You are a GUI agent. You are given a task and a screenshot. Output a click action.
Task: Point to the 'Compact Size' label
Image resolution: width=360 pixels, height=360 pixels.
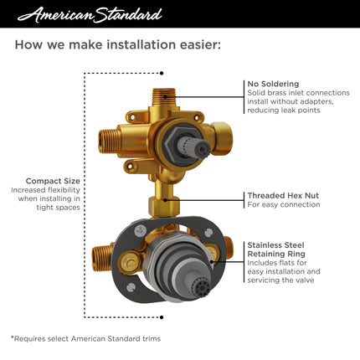pyautogui.click(x=53, y=180)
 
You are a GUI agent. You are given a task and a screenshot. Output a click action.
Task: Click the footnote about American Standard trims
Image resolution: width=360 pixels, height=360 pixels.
pyautogui.click(x=85, y=337)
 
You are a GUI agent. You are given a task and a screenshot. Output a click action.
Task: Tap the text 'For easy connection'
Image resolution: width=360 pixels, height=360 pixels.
pyautogui.click(x=283, y=204)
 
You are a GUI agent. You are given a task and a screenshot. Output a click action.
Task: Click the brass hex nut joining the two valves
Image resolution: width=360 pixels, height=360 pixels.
pyautogui.click(x=162, y=203)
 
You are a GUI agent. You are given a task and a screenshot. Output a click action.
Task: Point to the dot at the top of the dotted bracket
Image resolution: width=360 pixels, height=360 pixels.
pyautogui.click(x=162, y=74)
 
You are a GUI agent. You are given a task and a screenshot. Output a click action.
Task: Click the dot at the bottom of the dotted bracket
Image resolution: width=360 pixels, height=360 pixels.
pyautogui.click(x=162, y=316)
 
